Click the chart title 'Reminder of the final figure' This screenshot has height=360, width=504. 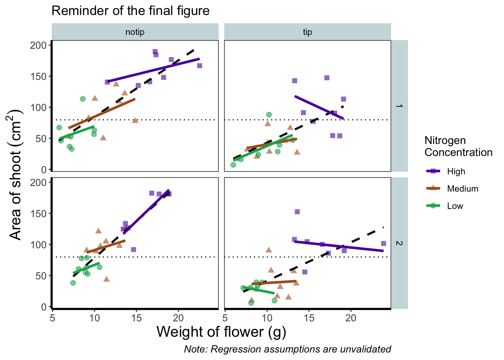[x=130, y=11]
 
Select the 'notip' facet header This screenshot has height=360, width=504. [x=135, y=32]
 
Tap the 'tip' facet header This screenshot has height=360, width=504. [x=307, y=32]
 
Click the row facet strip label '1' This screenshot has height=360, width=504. [x=399, y=106]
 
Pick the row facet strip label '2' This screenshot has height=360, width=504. [x=399, y=243]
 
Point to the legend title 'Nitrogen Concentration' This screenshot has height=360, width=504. [x=458, y=147]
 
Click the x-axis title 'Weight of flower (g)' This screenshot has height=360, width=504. [x=221, y=332]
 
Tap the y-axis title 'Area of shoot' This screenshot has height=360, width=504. [x=16, y=175]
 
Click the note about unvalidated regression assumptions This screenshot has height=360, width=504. [x=287, y=349]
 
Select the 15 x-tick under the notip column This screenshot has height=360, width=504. [x=136, y=318]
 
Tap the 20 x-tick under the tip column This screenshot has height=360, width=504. [x=351, y=318]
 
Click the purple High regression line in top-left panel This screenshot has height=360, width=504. [x=154, y=70]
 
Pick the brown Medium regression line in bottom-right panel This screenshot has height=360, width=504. [x=274, y=282]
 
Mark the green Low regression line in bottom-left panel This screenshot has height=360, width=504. [x=86, y=268]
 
